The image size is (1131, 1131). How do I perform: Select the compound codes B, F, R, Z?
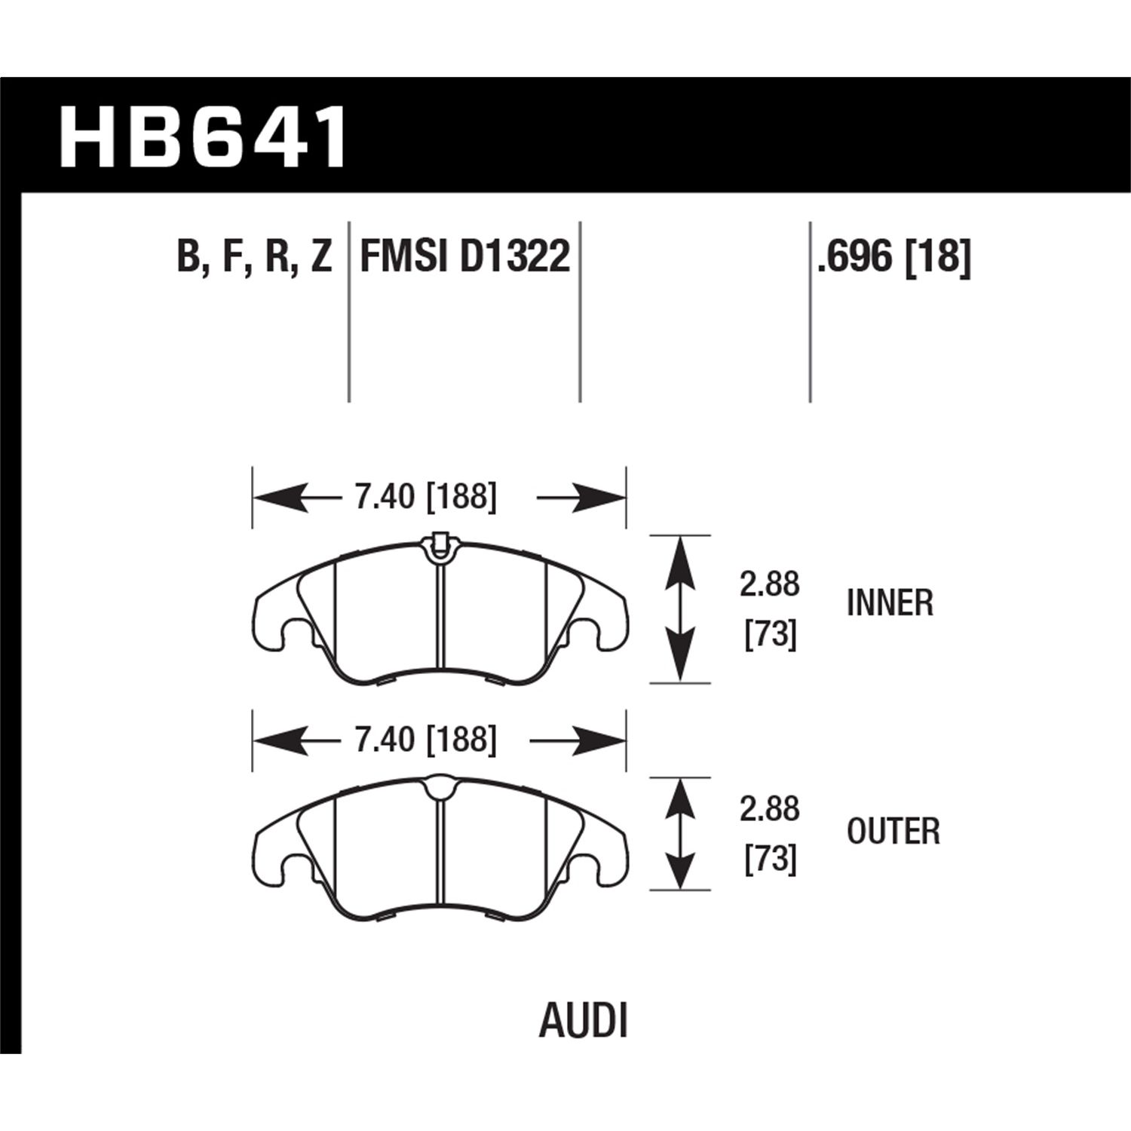click(x=254, y=257)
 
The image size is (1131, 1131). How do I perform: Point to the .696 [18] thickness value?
click(x=893, y=257)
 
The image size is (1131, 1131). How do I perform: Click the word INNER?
click(x=890, y=603)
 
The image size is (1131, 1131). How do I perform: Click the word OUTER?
click(x=893, y=832)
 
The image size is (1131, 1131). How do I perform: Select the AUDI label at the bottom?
click(x=584, y=1022)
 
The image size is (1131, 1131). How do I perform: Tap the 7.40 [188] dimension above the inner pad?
click(x=426, y=498)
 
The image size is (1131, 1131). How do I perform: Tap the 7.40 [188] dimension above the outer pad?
click(x=426, y=740)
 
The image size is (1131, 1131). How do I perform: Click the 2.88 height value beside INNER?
click(x=769, y=584)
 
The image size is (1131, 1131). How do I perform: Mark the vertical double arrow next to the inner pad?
click(x=680, y=609)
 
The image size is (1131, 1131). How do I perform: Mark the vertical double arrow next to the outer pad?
click(x=680, y=833)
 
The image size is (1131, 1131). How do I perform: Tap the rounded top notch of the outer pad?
click(x=439, y=789)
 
